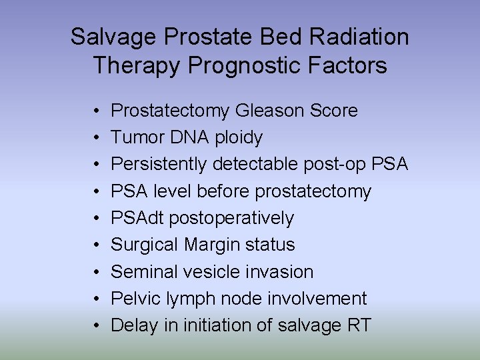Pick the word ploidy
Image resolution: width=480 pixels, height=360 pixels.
(238, 138)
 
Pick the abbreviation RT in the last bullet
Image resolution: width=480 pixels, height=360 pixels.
(359, 325)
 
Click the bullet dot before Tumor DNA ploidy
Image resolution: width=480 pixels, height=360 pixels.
(97, 138)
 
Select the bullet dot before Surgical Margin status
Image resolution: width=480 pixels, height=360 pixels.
(97, 245)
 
